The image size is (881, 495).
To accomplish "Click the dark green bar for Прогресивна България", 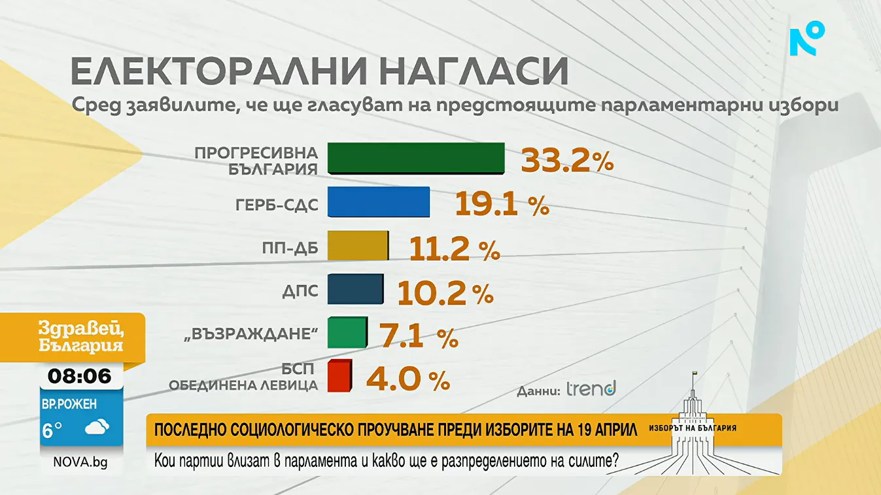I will tap(415, 158).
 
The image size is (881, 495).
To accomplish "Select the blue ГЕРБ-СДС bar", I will tap(378, 202).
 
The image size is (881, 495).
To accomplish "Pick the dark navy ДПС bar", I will tap(355, 289).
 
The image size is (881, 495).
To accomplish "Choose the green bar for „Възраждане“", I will tap(347, 333).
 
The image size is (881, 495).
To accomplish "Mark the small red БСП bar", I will tap(339, 376).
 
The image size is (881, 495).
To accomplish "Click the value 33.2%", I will tap(566, 161).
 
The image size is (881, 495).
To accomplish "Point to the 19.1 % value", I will tap(501, 205).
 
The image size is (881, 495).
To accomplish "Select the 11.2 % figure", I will tap(454, 249).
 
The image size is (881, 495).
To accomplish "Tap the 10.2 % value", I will tap(445, 293).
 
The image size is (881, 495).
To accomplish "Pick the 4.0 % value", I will tap(407, 379).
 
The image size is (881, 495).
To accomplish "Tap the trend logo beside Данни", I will tap(591, 390).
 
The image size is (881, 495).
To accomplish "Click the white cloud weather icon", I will tap(97, 428).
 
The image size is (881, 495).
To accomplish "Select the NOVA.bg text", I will tap(80, 463).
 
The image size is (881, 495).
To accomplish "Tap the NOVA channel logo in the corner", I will tap(806, 39).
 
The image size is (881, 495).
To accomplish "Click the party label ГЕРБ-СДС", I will tap(277, 204).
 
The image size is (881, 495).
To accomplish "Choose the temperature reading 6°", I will tap(52, 430).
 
